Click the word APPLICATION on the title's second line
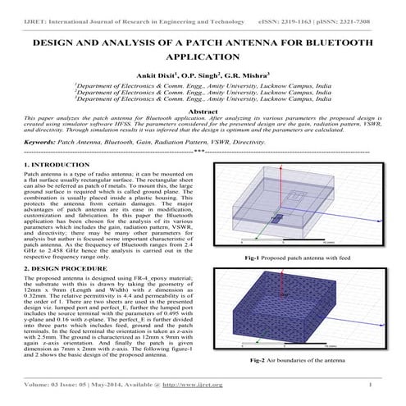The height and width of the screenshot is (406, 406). click(203, 57)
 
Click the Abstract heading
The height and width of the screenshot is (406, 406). click(203, 110)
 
